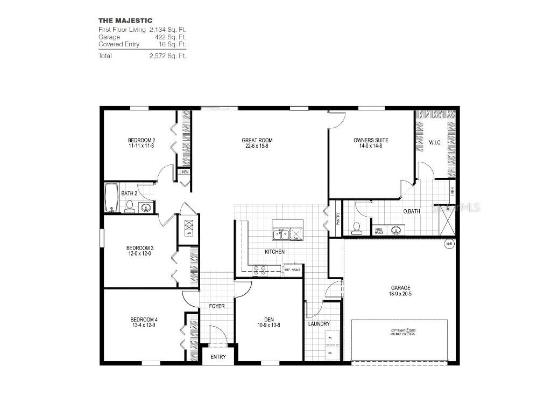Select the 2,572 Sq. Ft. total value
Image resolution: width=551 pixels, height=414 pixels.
tap(168, 56)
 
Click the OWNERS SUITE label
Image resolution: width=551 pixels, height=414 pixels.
tap(371, 140)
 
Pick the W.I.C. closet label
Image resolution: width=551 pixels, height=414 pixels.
tap(435, 143)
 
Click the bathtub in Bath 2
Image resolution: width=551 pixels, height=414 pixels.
tap(110, 198)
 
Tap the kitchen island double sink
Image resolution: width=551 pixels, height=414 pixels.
tap(281, 233)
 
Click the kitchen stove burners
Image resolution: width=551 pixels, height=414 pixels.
tap(259, 270)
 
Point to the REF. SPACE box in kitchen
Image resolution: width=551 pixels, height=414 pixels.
tap(292, 269)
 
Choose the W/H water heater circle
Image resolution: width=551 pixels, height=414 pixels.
tap(449, 244)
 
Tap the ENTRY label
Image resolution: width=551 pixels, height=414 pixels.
tap(218, 357)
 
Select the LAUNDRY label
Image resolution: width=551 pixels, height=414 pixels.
tap(319, 324)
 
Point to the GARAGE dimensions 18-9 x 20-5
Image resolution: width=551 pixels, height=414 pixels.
tap(400, 294)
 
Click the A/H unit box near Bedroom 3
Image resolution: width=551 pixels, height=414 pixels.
tap(189, 228)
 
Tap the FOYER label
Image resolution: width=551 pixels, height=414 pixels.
tap(217, 306)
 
